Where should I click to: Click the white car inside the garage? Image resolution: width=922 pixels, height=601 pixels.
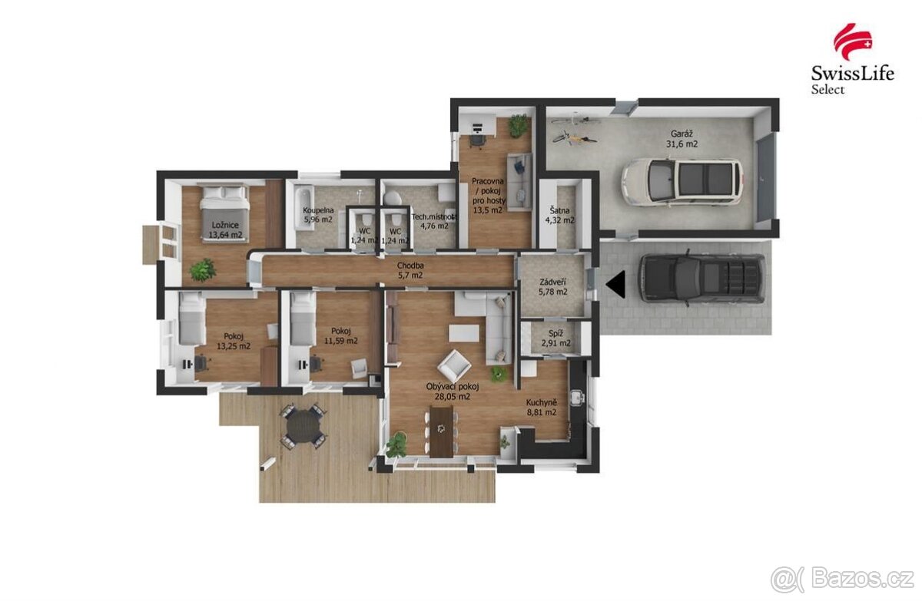[682, 182]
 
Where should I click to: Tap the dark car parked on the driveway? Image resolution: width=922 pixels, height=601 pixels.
[701, 277]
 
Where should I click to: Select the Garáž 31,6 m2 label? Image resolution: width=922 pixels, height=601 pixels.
[682, 137]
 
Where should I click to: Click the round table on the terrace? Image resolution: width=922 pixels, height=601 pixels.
[304, 425]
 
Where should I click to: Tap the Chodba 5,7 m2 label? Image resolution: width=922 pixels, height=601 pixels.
[410, 270]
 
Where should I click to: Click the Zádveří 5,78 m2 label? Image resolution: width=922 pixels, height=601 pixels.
[553, 286]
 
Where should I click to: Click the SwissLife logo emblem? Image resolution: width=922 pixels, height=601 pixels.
[852, 41]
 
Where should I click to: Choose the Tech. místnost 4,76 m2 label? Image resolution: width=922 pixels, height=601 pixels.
[435, 221]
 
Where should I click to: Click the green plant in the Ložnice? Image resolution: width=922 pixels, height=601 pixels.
[203, 269]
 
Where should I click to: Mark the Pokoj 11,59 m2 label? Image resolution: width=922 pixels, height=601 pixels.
[341, 335]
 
